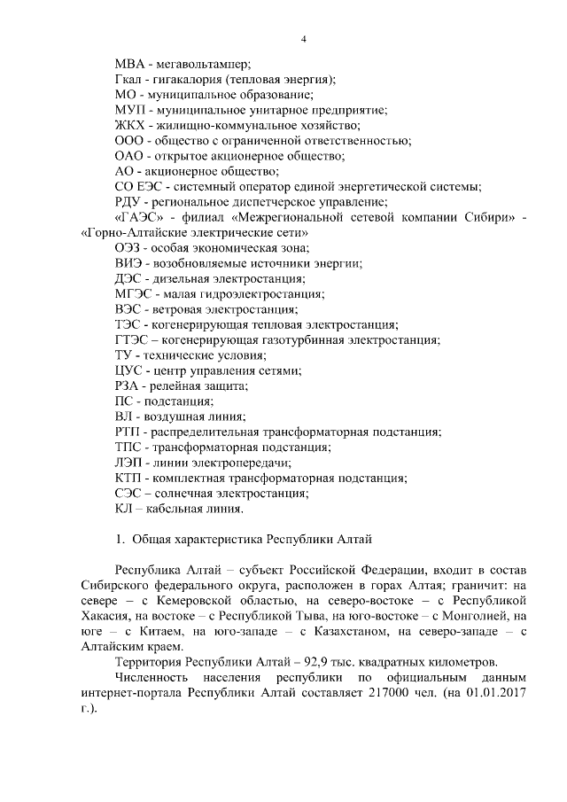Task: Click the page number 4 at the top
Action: click(303, 39)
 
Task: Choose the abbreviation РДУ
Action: click(129, 202)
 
